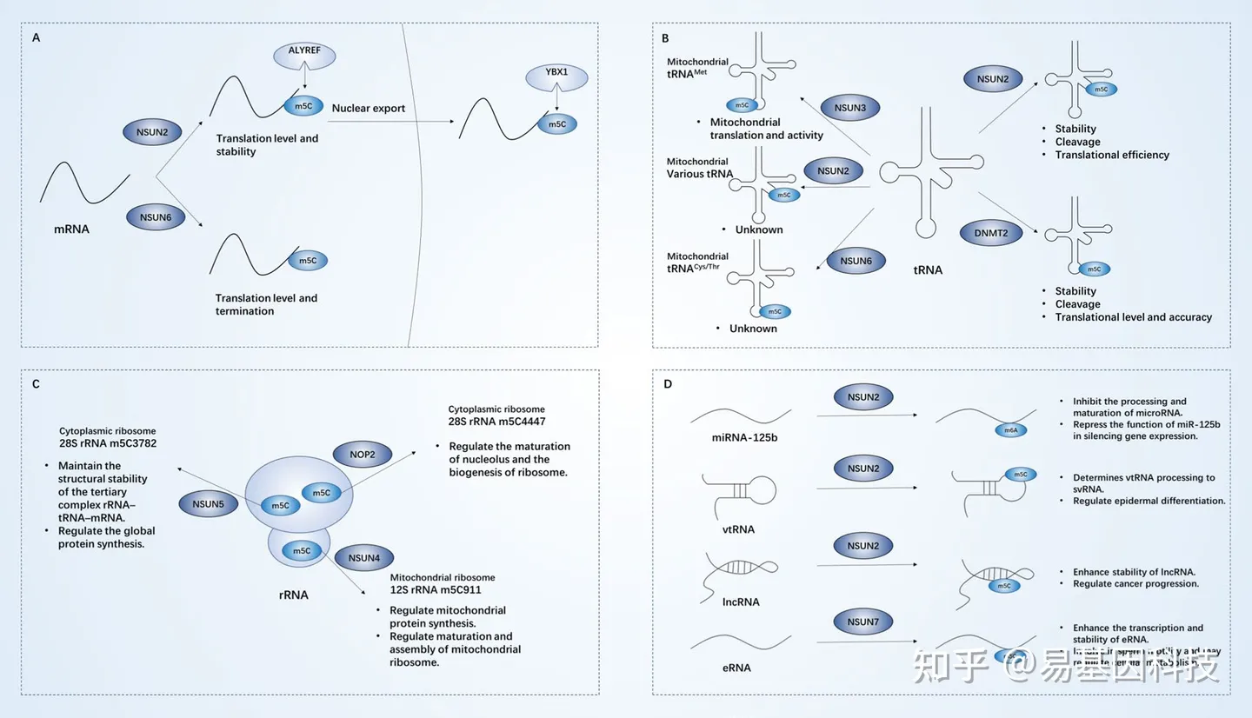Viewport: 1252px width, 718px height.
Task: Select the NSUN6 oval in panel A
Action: pos(155,216)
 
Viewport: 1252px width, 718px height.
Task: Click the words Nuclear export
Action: pos(368,109)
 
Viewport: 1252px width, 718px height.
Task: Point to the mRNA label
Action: pos(71,230)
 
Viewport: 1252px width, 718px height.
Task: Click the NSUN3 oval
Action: pos(849,109)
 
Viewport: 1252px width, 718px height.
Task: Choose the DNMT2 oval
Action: pos(992,233)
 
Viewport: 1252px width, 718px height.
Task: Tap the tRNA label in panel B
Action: pos(928,270)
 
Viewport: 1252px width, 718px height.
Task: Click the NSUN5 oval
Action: pos(209,502)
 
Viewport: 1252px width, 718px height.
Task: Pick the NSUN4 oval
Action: pos(363,557)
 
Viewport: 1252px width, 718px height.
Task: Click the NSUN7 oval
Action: pos(862,622)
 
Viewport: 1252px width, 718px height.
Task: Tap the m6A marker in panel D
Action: pos(1011,429)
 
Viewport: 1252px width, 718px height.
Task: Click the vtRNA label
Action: pos(738,529)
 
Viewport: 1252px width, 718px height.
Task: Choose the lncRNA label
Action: pos(740,602)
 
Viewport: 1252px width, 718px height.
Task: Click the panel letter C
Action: pos(36,383)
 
